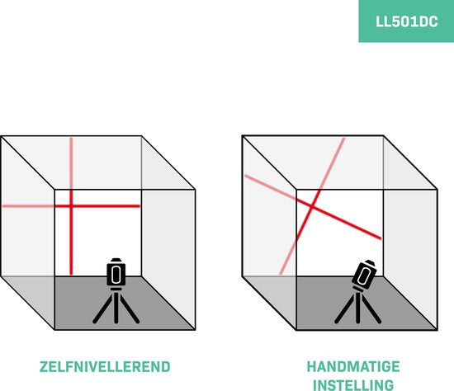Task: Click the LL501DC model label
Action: click(406, 21)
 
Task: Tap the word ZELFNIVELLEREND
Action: click(105, 367)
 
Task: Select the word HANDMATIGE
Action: click(353, 366)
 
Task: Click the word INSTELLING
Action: click(353, 385)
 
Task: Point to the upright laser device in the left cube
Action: click(116, 272)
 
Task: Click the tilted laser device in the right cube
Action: click(364, 275)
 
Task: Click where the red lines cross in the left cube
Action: click(71, 206)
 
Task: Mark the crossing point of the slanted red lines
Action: click(312, 207)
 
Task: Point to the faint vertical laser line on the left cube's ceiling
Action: click(71, 163)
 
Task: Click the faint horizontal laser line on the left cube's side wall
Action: click(28, 206)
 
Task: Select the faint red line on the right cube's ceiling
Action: click(332, 163)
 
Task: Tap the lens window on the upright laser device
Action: click(116, 274)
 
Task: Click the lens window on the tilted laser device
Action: click(363, 276)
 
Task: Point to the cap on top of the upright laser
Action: click(116, 260)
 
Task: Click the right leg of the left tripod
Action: click(130, 309)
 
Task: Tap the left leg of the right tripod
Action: click(344, 309)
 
